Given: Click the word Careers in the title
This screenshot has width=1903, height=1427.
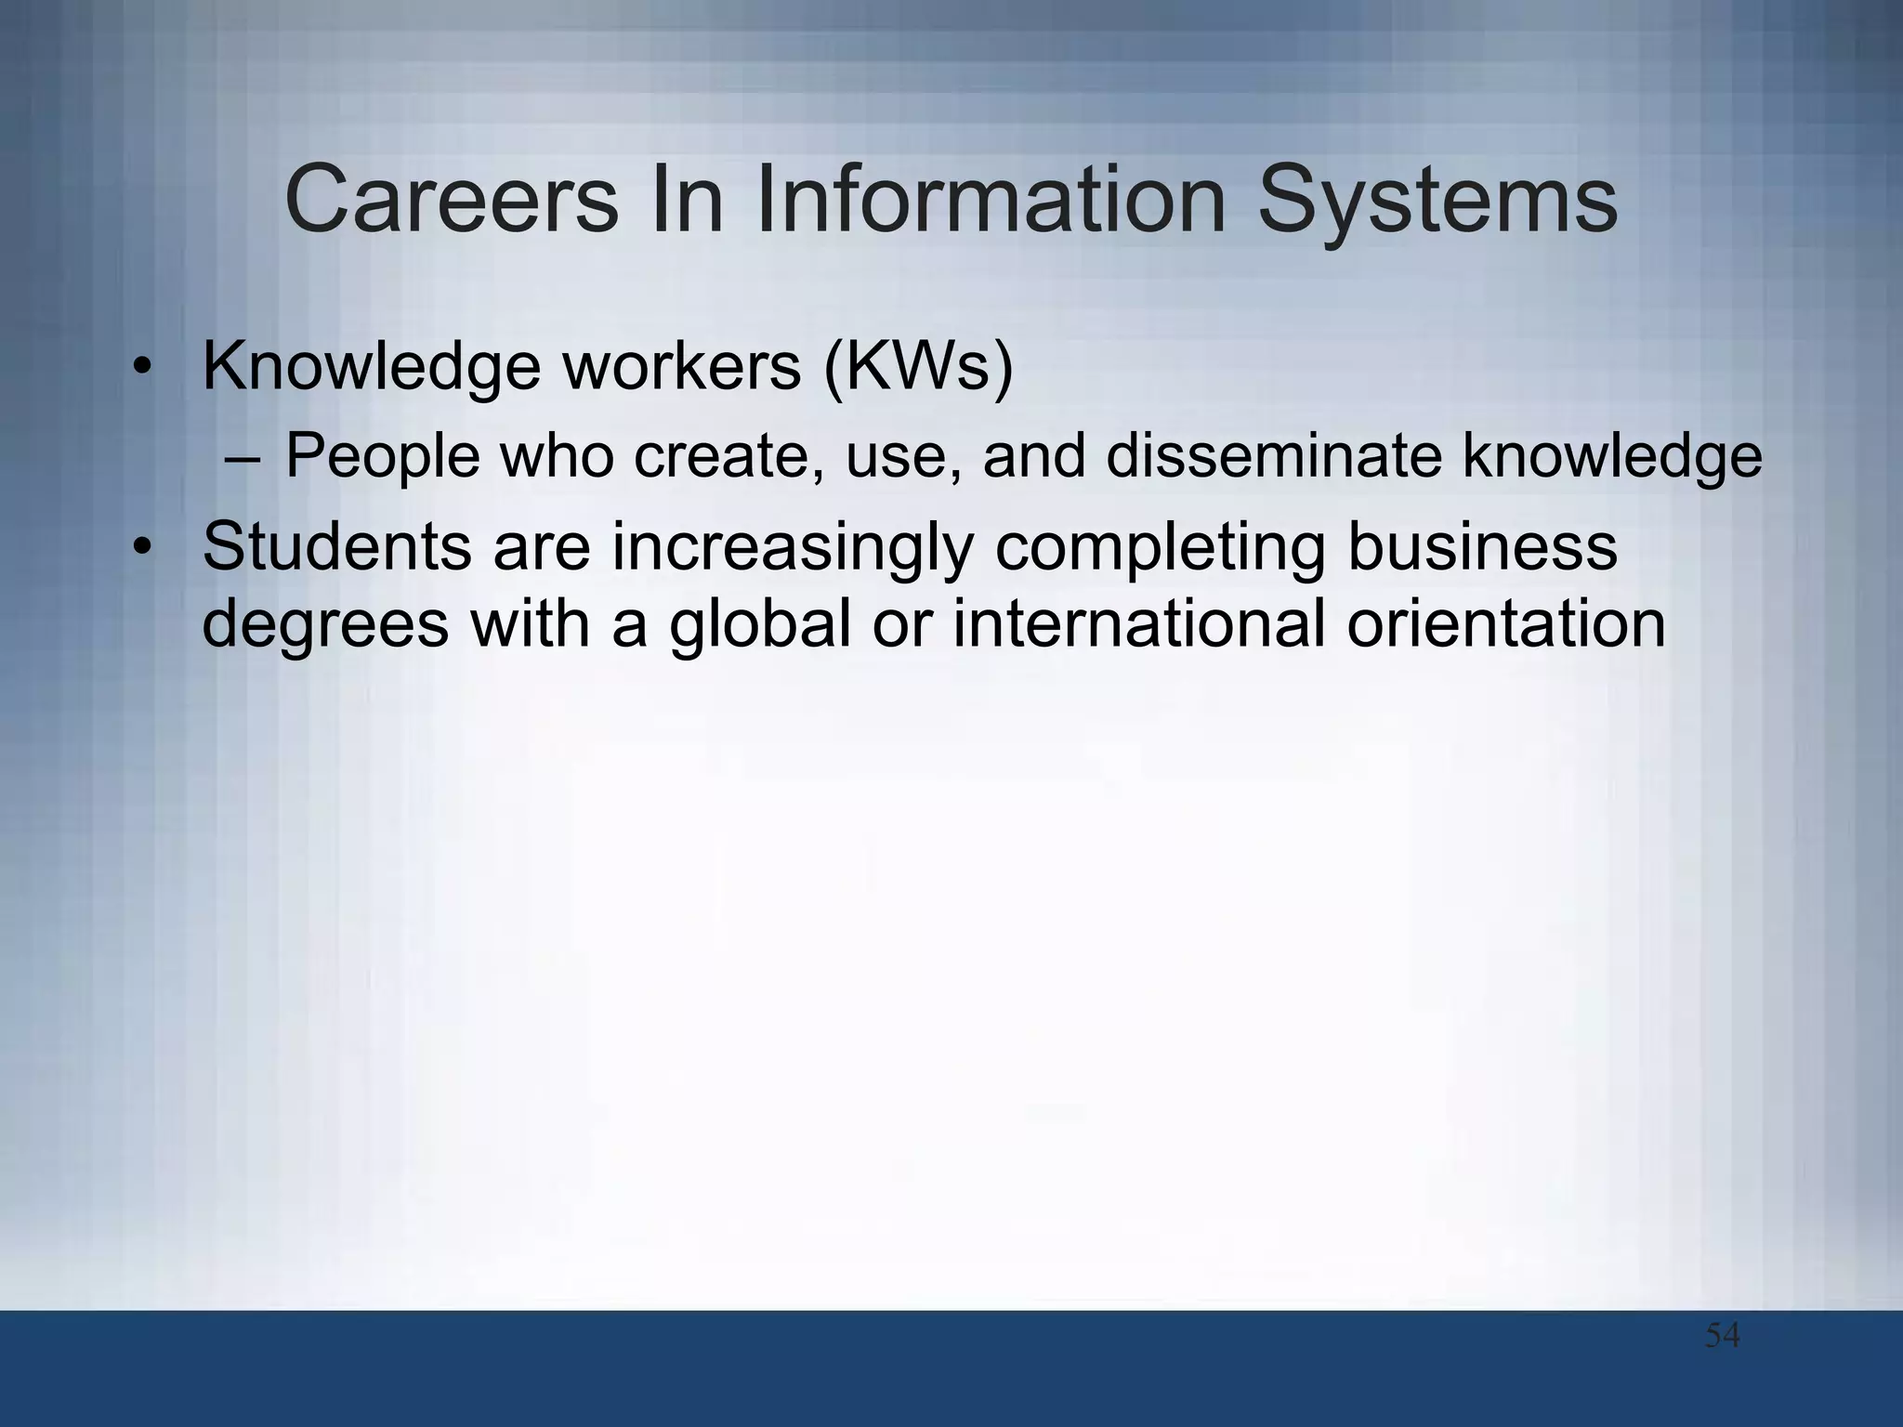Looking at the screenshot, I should [452, 200].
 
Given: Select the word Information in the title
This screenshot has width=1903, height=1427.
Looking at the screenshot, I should [992, 200].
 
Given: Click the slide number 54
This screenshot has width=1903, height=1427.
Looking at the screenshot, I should [1722, 1336].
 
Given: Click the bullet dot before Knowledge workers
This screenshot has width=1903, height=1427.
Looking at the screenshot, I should [140, 367].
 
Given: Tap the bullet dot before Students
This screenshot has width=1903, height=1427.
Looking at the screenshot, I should [140, 547].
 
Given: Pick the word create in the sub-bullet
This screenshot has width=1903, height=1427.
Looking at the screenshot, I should [724, 456].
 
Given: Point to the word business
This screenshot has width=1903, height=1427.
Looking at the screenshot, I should [1482, 547].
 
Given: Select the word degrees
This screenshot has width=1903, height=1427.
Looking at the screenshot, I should [325, 625].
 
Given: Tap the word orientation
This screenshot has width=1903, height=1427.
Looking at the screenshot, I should [1506, 623].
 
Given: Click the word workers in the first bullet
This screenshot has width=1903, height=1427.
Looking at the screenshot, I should [682, 367].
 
